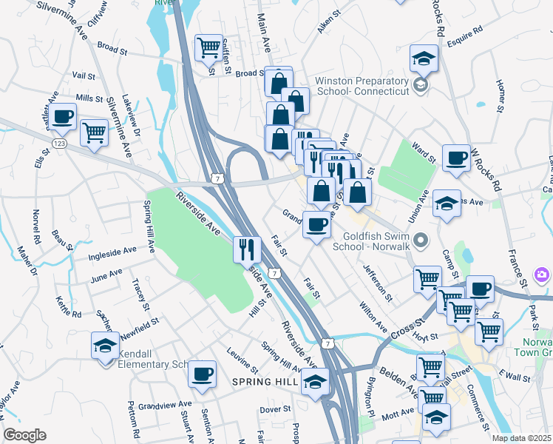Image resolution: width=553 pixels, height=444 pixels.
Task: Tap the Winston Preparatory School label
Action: point(362,85)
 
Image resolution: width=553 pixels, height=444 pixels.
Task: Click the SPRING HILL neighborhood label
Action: point(264,382)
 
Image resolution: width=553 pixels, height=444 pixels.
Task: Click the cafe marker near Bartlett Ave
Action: point(64,116)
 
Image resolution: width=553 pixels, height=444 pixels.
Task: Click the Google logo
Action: point(25,435)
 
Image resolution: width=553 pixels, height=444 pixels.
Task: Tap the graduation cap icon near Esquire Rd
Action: point(424,58)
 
